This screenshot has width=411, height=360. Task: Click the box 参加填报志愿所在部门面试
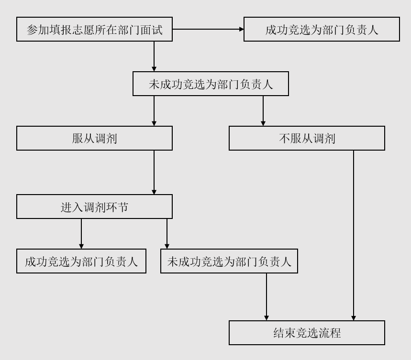pyautogui.click(x=94, y=29)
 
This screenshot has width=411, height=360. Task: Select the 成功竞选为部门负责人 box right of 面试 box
pyautogui.click(x=322, y=29)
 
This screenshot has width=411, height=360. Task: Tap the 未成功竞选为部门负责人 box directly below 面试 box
pyautogui.click(x=211, y=84)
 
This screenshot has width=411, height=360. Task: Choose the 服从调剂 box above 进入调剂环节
pyautogui.click(x=94, y=138)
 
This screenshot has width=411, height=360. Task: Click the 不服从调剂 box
pyautogui.click(x=307, y=138)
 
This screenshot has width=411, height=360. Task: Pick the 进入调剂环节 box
pyautogui.click(x=94, y=207)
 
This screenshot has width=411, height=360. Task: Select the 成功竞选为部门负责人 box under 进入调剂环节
pyautogui.click(x=81, y=261)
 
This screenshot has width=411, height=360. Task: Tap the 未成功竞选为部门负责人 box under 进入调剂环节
pyautogui.click(x=229, y=261)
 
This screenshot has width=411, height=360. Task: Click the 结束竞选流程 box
pyautogui.click(x=307, y=333)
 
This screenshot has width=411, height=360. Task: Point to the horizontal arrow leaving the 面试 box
pyautogui.click(x=208, y=29)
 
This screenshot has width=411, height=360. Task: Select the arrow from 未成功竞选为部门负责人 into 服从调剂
pyautogui.click(x=154, y=111)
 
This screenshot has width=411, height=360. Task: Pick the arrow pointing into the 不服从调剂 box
pyautogui.click(x=263, y=111)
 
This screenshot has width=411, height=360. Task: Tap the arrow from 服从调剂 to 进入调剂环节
pyautogui.click(x=154, y=172)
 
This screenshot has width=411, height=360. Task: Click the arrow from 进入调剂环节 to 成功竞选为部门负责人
pyautogui.click(x=81, y=234)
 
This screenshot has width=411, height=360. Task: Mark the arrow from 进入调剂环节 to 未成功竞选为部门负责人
pyautogui.click(x=167, y=234)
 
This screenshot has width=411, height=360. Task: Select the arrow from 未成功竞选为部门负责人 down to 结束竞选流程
pyautogui.click(x=267, y=297)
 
